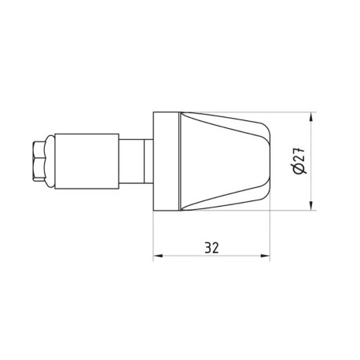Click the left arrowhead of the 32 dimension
156,255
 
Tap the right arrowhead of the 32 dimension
265,255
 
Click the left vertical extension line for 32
152,236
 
